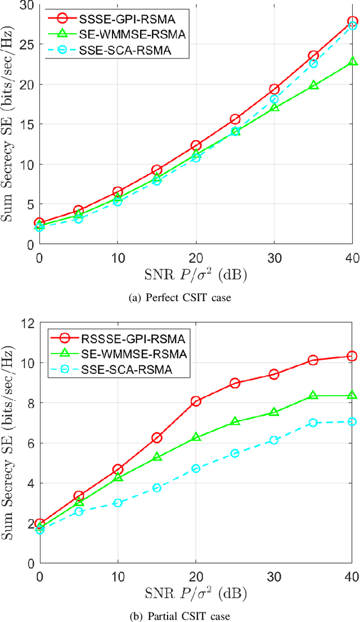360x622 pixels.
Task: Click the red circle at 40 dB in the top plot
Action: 352,21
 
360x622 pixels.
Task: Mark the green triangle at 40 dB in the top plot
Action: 352,61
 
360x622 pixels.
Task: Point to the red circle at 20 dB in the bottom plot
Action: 196,401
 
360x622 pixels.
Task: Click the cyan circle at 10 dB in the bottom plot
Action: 118,503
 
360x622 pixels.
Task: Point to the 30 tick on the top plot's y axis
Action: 26,5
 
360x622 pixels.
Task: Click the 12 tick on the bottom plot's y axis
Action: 26,324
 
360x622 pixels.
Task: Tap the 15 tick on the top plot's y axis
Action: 26,124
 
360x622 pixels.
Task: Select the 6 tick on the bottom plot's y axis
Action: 29,443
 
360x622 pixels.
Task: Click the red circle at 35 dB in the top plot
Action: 313,56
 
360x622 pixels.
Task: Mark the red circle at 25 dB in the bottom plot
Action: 235,383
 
